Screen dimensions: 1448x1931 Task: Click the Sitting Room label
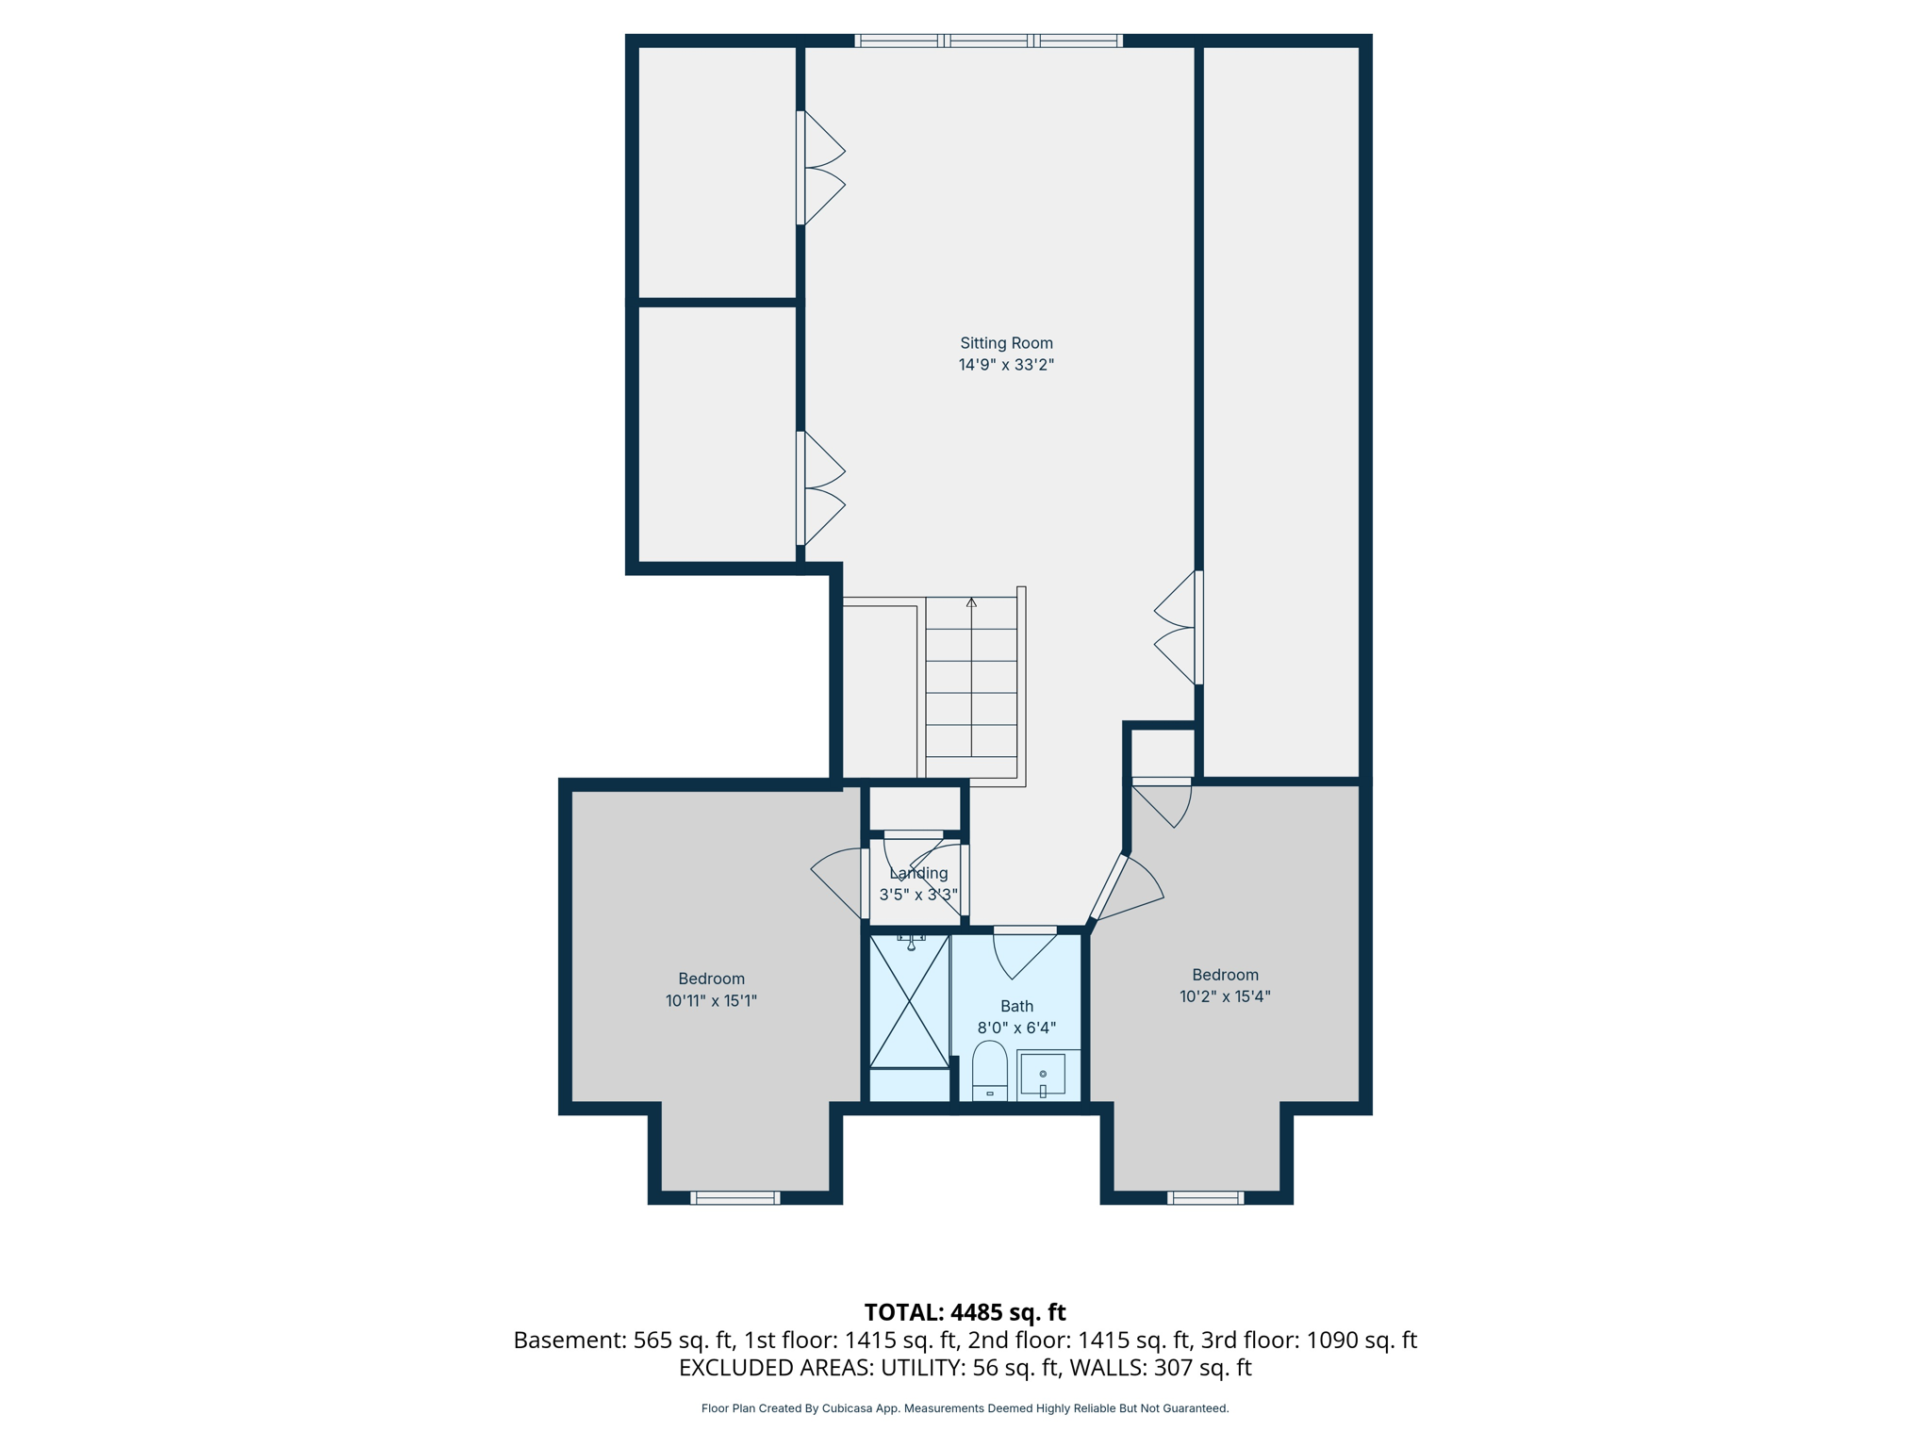point(1006,343)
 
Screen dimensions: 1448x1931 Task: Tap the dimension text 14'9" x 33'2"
point(1006,365)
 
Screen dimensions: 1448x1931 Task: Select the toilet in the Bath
point(989,1071)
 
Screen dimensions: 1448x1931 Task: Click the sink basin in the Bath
point(1043,1074)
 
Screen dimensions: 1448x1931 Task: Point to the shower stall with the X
point(909,1001)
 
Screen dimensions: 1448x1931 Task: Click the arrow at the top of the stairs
point(971,602)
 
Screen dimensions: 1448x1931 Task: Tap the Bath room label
point(1016,1006)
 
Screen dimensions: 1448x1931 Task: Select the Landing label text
point(918,873)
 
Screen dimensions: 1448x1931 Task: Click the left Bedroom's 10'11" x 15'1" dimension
point(711,1001)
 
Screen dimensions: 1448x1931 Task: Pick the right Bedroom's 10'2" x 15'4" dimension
point(1225,996)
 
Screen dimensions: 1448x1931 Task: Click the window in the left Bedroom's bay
point(734,1197)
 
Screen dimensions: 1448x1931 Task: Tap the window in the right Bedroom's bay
point(1205,1197)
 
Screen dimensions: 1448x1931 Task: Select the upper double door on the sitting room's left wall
point(820,168)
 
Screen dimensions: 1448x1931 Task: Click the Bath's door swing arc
point(1020,954)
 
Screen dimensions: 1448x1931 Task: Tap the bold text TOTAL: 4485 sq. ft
point(965,1312)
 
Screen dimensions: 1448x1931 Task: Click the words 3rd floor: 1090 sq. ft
point(1308,1340)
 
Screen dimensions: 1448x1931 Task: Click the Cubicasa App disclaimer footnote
point(965,1408)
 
